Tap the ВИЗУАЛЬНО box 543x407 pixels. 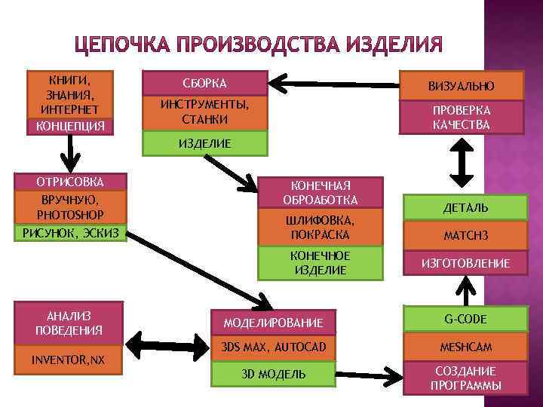461,86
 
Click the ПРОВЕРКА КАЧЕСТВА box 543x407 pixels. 461,117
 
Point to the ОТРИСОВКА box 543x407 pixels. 70,182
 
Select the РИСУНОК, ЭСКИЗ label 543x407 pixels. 70,234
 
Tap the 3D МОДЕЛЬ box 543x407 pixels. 273,374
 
